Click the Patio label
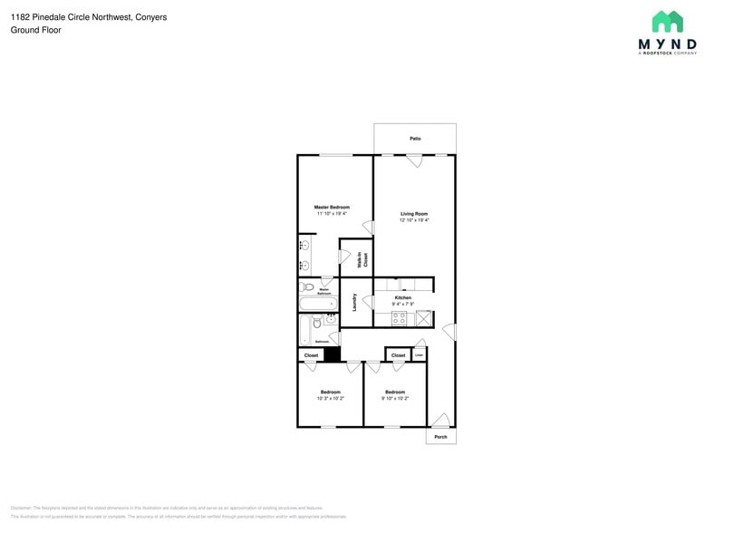415,139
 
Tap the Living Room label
414,214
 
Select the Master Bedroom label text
332,208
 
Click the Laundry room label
354,302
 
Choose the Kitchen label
402,297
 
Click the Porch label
440,437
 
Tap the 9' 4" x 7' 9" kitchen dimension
402,304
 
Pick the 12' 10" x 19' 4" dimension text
414,220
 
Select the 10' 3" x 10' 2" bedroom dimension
330,398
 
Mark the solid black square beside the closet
332,354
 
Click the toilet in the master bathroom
305,286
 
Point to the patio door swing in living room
414,161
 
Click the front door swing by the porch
440,420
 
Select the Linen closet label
419,354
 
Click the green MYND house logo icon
668,22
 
